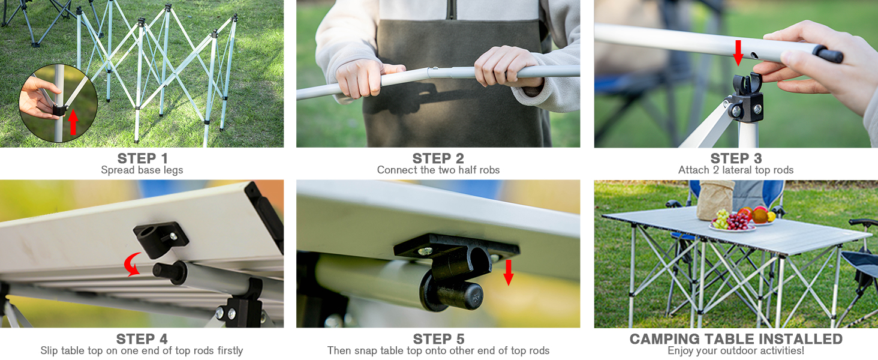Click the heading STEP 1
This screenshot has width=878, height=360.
pos(143,158)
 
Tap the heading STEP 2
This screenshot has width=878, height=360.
pos(438,158)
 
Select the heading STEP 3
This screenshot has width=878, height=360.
pos(736,158)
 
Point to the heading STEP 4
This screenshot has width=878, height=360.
pos(142,339)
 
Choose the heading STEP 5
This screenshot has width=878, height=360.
pos(438,339)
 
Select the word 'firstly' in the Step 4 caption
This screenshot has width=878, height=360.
pos(230,350)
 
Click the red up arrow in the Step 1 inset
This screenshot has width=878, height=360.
pos(73,122)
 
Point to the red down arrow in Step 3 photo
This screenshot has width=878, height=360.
pos(738,53)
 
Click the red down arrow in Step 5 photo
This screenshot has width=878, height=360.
pos(509,272)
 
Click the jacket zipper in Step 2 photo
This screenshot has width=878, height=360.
pos(452,10)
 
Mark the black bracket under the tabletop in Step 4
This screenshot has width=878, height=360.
pos(161,238)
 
